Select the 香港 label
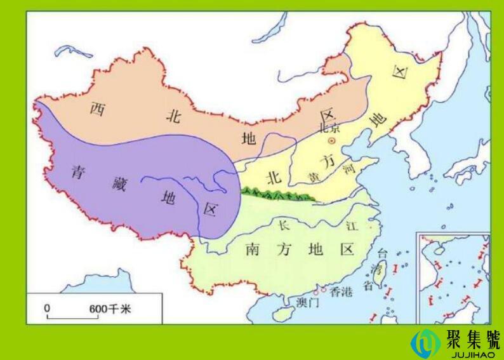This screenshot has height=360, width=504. (x=340, y=291)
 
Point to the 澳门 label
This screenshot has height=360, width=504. (x=307, y=303)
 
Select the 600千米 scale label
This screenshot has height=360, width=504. (x=109, y=308)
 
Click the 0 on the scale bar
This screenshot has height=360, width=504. (x=47, y=307)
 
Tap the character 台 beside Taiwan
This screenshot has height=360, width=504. (x=382, y=253)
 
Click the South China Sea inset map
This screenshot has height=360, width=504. (x=453, y=277)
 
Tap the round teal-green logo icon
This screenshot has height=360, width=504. (x=425, y=342)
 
